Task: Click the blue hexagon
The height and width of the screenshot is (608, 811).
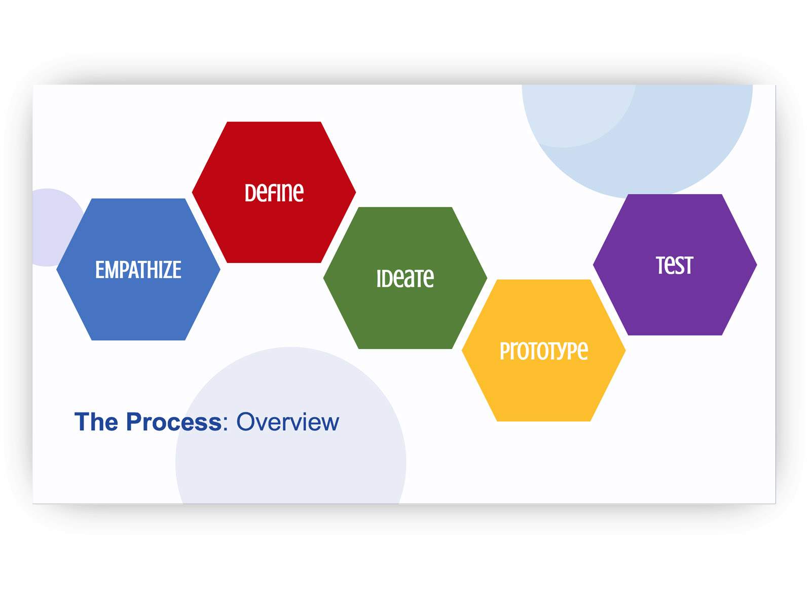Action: tap(138, 269)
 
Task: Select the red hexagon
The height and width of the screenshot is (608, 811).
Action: tap(274, 192)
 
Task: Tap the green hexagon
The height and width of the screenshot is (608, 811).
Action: tap(405, 278)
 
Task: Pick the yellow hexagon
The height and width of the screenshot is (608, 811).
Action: tap(543, 350)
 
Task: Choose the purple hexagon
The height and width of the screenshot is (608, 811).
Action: tap(675, 264)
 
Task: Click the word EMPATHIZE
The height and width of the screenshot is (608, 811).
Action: tap(138, 270)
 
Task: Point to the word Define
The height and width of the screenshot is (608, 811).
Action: tap(274, 193)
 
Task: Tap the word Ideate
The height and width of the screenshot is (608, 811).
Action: tap(405, 278)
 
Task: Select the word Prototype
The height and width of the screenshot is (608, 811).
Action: tap(543, 351)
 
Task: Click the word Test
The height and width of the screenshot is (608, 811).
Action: tap(674, 265)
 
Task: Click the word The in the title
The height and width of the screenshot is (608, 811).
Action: tap(96, 422)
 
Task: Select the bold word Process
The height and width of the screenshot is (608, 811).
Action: tap(174, 422)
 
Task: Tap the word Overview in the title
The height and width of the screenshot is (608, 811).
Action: tap(287, 422)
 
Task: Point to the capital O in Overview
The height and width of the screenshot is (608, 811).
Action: tap(245, 422)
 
